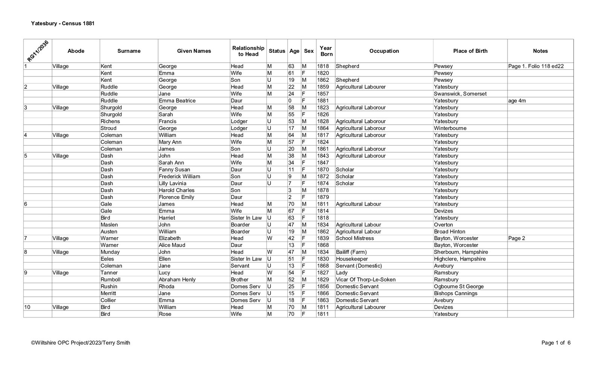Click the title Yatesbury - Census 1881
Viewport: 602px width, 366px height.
[x=63, y=23]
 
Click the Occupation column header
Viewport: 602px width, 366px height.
[x=384, y=51]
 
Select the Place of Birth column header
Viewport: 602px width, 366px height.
[x=470, y=51]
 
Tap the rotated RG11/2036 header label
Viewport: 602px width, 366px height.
[x=38, y=51]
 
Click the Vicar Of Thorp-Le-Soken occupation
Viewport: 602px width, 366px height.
[x=365, y=280]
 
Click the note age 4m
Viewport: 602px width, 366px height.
[x=517, y=101]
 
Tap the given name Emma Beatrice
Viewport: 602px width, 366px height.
[x=177, y=101]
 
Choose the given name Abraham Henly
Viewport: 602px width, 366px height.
[x=177, y=280]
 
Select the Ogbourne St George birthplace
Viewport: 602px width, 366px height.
[x=459, y=286]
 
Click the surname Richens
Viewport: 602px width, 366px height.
[x=110, y=121]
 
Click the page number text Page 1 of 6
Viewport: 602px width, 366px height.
[x=556, y=343]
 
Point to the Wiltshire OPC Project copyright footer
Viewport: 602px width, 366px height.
[x=81, y=343]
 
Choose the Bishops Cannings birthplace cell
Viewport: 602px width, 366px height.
[x=455, y=293]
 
